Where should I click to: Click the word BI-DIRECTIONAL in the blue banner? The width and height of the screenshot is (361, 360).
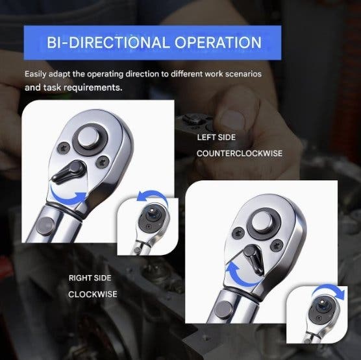tap(108, 43)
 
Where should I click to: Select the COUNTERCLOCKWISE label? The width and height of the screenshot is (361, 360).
tap(240, 154)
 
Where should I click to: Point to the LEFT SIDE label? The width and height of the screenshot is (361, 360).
tap(216, 138)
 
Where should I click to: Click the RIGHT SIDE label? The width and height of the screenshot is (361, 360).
tap(90, 278)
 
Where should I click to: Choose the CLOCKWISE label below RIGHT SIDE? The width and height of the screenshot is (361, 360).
tap(93, 294)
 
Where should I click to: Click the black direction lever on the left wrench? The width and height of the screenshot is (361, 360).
tap(68, 172)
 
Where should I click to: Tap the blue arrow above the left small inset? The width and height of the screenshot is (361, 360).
tap(153, 196)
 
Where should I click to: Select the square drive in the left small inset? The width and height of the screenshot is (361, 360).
tap(151, 210)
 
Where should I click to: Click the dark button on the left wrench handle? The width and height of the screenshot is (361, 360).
tap(45, 226)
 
